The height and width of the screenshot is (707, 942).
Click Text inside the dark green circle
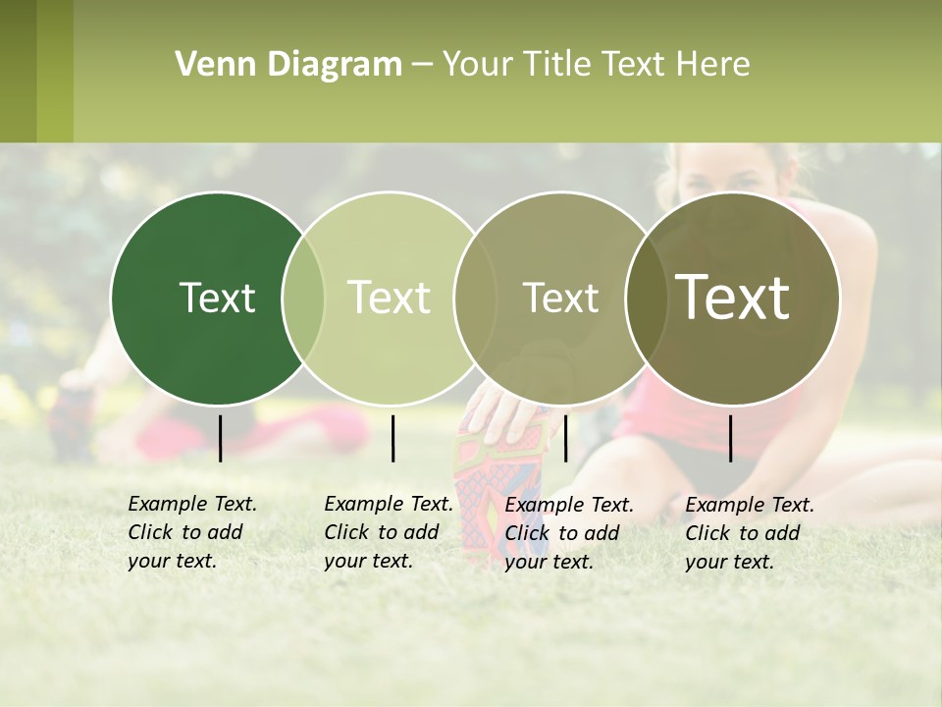217,298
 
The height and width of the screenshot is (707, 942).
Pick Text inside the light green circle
390,298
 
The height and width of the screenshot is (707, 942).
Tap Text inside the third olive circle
560,298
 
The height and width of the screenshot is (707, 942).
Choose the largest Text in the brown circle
733,298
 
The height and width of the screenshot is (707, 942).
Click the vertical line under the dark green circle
220,438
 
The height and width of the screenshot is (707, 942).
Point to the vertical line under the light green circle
392,438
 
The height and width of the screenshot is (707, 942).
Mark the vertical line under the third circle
565,438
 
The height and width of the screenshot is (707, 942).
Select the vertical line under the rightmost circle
730,438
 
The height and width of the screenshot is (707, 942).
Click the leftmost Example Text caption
191,532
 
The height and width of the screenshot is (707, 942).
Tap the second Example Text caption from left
388,532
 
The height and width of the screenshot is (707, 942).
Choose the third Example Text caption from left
569,532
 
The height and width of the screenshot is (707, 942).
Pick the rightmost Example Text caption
749,532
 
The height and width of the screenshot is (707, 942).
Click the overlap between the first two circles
303,298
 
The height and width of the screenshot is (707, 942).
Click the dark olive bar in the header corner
18,71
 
